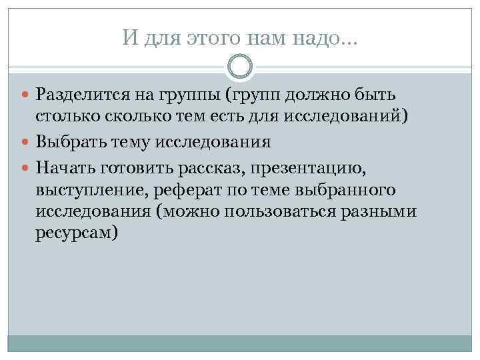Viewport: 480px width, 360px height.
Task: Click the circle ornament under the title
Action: click(240, 67)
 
